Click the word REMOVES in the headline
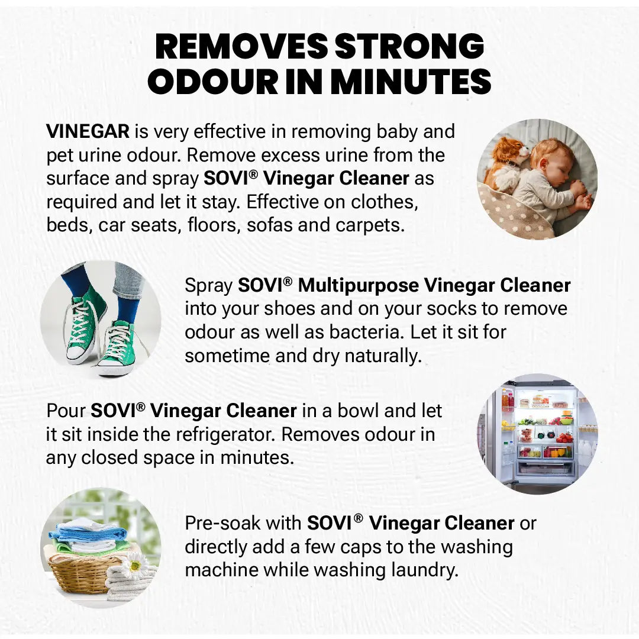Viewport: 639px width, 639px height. click(x=240, y=47)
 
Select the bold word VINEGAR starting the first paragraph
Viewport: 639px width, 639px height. click(x=88, y=131)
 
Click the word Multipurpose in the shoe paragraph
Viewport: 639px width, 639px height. click(x=359, y=285)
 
